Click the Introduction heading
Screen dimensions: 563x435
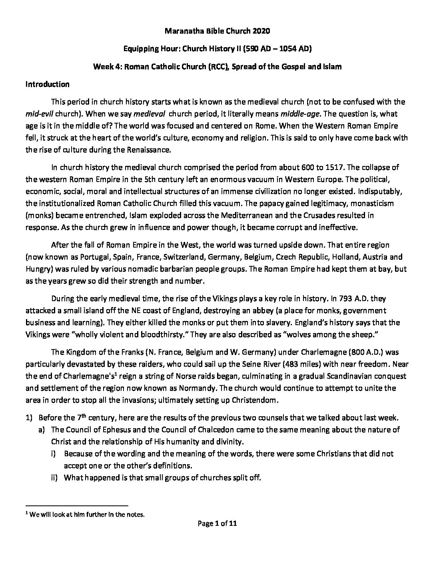pyautogui.click(x=47, y=84)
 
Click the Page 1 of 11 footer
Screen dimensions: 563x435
pyautogui.click(x=217, y=524)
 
